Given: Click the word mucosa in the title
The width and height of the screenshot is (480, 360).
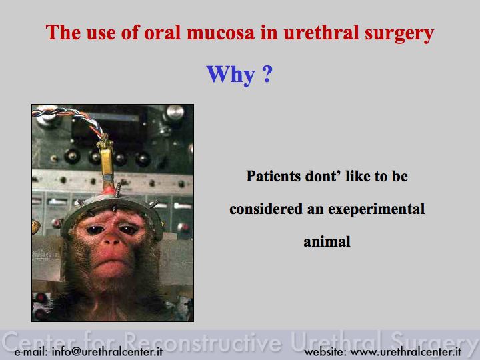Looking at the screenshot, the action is click(x=221, y=33).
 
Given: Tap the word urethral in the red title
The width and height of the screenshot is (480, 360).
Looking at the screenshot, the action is click(x=321, y=32).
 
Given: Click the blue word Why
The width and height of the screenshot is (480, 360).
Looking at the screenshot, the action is click(x=231, y=75).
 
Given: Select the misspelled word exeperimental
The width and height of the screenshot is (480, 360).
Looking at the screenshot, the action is click(x=376, y=210).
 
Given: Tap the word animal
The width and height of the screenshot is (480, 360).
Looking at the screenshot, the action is click(x=327, y=241).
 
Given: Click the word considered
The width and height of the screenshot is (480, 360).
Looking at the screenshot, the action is click(x=266, y=209).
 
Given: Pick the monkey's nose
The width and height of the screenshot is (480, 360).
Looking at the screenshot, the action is click(x=112, y=241).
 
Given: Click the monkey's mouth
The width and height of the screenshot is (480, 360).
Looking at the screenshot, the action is click(x=111, y=263).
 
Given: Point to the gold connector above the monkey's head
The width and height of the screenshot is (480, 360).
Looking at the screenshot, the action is click(x=106, y=159).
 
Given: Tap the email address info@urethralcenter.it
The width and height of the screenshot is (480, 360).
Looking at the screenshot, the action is click(x=107, y=351).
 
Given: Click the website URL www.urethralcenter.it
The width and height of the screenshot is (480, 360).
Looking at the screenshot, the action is click(x=405, y=351).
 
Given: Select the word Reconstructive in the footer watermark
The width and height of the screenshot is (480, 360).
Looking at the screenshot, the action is click(x=203, y=341).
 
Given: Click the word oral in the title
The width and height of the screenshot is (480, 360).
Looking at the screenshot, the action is click(x=162, y=33).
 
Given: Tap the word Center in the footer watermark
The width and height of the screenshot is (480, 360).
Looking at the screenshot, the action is click(x=41, y=341).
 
